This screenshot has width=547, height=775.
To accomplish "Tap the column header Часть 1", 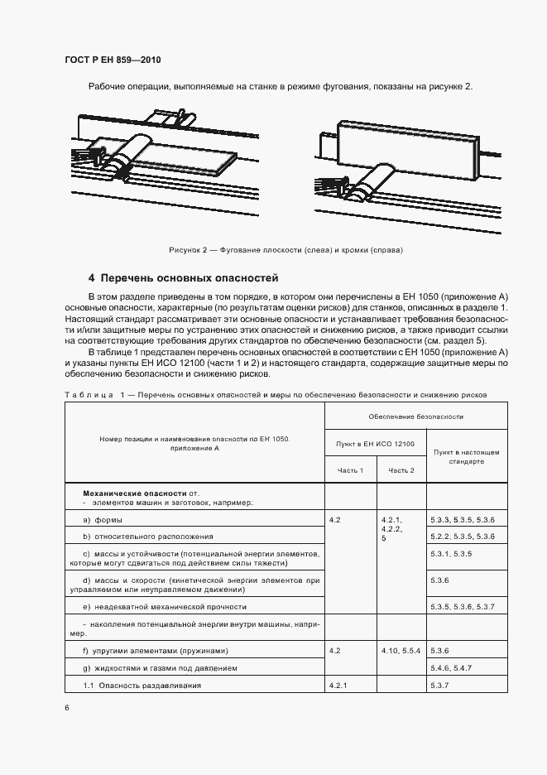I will click(350, 470).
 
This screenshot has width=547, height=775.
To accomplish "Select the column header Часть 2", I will click(401, 470).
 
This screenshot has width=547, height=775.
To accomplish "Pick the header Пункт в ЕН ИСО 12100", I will click(375, 444).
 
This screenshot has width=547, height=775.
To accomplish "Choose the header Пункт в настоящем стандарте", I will click(466, 457).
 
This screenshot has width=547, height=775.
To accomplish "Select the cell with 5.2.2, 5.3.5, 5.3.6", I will click(463, 537).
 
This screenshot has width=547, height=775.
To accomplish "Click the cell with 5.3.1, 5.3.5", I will click(451, 553).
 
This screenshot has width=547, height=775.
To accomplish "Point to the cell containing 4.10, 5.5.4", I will click(402, 651).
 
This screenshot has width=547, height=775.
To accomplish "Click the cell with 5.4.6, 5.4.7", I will click(451, 667).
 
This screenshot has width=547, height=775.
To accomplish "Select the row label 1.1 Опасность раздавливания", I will click(142, 685).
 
